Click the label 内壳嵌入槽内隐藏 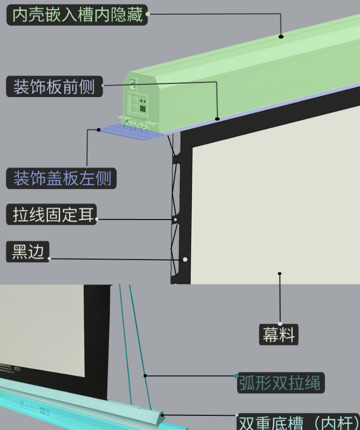[77, 15]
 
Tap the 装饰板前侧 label [54, 87]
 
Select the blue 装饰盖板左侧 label [62, 179]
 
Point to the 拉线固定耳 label [53, 215]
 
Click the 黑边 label [29, 251]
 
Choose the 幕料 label [278, 334]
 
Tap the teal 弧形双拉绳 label [280, 383]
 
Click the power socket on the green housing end [133, 81]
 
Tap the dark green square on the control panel [143, 108]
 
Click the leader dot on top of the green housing [281, 36]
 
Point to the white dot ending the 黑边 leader [185, 260]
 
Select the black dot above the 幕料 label [279, 274]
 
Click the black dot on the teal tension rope [145, 375]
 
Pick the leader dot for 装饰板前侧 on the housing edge [218, 119]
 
